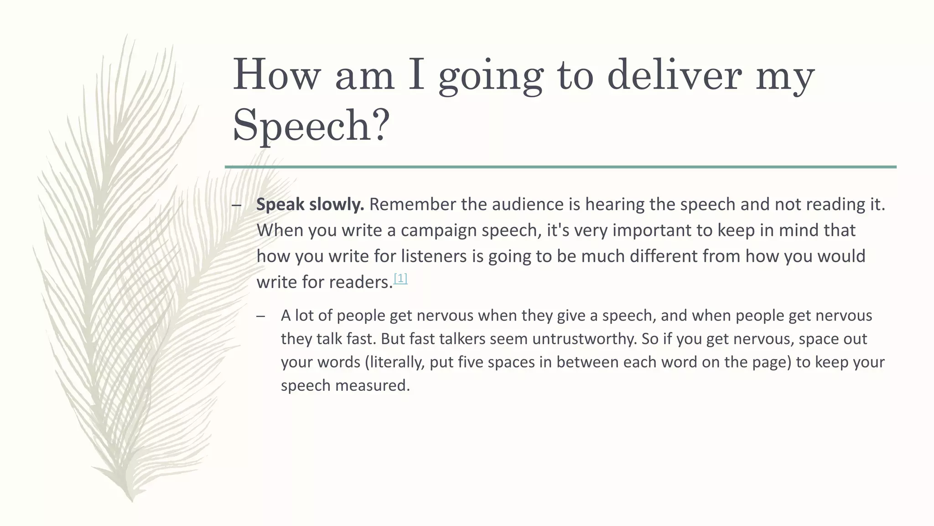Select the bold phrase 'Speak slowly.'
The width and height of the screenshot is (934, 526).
point(310,205)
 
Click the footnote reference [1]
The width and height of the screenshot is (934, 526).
point(400,279)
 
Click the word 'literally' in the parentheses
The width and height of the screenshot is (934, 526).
point(396,362)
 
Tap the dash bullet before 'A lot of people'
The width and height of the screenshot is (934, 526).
point(261,316)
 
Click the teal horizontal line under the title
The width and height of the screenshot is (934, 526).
point(560,167)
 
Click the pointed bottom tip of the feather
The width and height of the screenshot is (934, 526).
point(132,500)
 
